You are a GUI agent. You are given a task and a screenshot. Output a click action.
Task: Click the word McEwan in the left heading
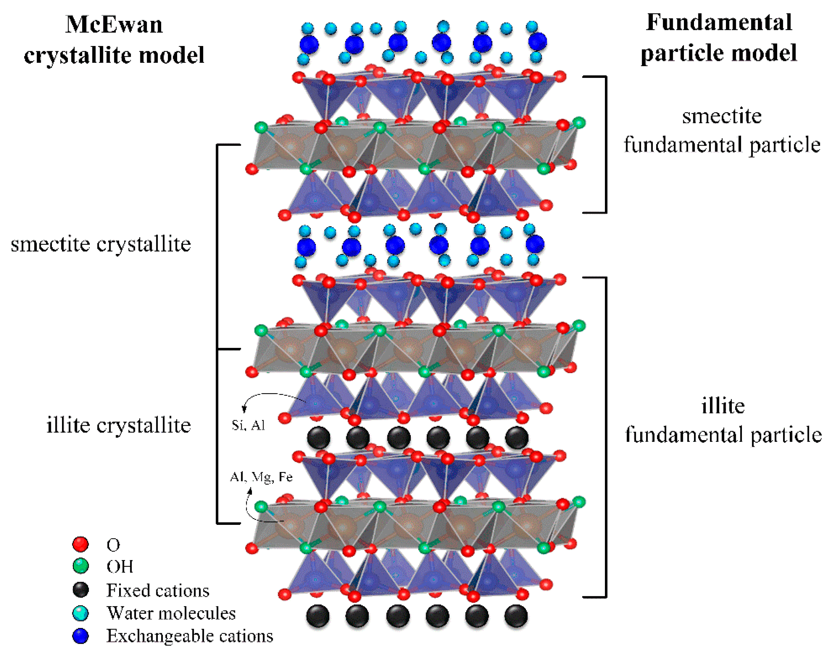[114, 24]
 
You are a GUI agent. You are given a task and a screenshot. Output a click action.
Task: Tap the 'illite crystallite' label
[118, 424]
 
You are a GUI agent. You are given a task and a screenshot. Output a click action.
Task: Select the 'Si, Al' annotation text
[248, 425]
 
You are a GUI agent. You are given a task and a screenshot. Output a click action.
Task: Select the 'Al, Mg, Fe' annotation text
[261, 477]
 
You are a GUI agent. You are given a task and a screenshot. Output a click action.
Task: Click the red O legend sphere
[80, 544]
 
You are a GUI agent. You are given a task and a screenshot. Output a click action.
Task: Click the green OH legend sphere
[80, 566]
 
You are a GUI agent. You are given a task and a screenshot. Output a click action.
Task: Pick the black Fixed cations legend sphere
[80, 590]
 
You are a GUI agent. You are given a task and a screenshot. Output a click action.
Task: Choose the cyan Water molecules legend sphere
[80, 613]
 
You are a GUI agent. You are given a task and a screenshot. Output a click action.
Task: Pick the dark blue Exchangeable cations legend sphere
[80, 636]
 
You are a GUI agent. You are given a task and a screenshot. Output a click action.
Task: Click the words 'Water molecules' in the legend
[171, 613]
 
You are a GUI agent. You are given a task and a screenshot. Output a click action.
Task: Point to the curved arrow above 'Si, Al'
[268, 397]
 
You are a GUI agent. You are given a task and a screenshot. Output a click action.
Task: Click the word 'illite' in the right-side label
[723, 406]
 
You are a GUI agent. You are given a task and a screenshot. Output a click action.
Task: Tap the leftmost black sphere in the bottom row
[318, 615]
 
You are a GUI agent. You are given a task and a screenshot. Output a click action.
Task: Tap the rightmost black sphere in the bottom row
[516, 615]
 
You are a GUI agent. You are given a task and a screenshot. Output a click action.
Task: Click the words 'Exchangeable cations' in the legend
[190, 636]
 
